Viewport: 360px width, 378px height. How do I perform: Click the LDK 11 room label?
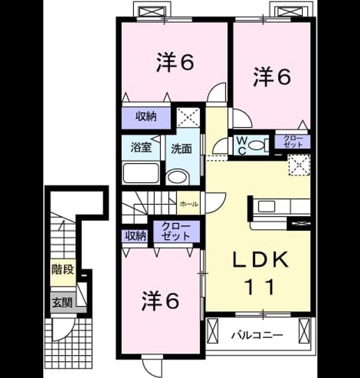pyautogui.click(x=260, y=273)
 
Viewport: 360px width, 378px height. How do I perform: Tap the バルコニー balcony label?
pyautogui.click(x=257, y=335)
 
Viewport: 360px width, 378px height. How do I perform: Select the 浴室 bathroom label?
pyautogui.click(x=142, y=147)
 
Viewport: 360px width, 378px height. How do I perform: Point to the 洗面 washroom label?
pyautogui.click(x=182, y=149)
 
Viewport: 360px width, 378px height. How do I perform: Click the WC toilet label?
pyautogui.click(x=241, y=145)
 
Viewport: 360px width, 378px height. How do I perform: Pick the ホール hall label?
pyautogui.click(x=189, y=204)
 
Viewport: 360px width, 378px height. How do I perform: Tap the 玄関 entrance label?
pyautogui.click(x=63, y=302)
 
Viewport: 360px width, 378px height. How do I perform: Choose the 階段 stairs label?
pyautogui.click(x=63, y=269)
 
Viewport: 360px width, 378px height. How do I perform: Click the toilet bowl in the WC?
pyautogui.click(x=256, y=145)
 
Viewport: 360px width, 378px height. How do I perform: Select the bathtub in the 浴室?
pyautogui.click(x=141, y=173)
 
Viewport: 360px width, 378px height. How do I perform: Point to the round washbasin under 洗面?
pyautogui.click(x=177, y=177)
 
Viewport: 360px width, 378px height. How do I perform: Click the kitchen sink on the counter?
pyautogui.click(x=267, y=206)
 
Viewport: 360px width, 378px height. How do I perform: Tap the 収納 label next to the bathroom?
pyautogui.click(x=146, y=117)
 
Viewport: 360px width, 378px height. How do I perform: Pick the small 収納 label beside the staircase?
pyautogui.click(x=136, y=236)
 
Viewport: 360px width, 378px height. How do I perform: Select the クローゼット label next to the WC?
pyautogui.click(x=293, y=142)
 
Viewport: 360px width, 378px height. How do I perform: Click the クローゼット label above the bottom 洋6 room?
pyautogui.click(x=176, y=231)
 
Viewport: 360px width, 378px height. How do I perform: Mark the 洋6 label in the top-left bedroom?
pyautogui.click(x=175, y=62)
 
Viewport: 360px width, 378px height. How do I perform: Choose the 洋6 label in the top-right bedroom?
pyautogui.click(x=272, y=77)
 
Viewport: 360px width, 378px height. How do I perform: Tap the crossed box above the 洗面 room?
pyautogui.click(x=188, y=117)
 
